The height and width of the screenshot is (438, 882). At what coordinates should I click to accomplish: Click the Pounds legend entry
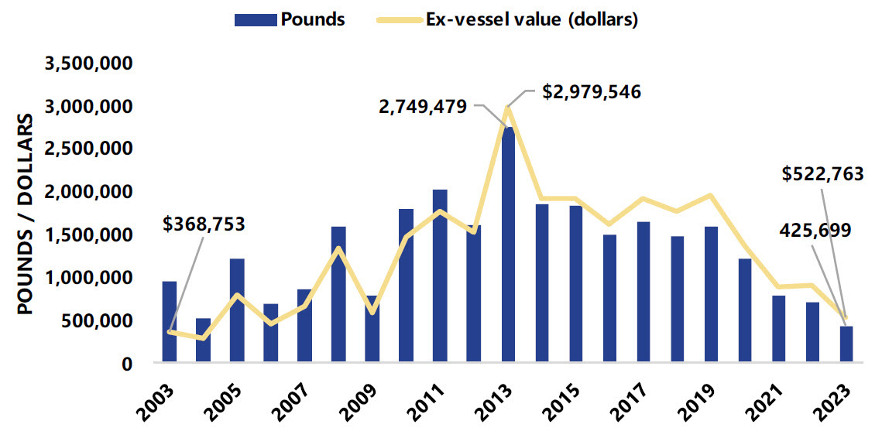[290, 20]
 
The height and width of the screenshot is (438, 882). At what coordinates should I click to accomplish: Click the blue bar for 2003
[169, 321]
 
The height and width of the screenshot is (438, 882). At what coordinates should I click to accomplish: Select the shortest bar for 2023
[846, 344]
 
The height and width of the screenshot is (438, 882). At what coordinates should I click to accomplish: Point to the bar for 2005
[237, 310]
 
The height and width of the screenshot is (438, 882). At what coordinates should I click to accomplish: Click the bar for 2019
[711, 293]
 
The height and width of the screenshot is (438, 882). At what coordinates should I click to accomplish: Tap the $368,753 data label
[204, 224]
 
